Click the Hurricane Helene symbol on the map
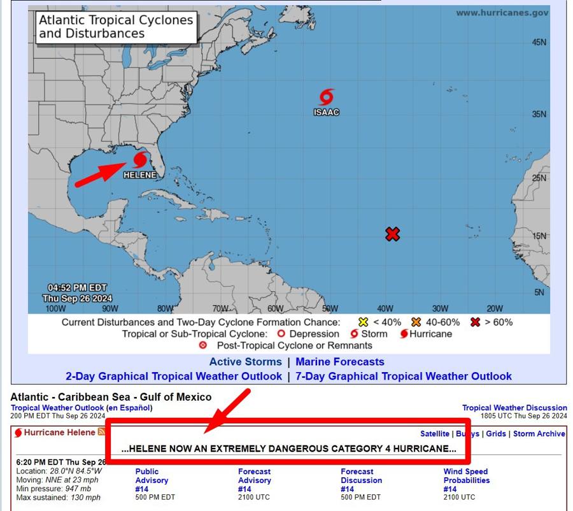point(140,159)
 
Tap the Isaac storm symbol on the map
point(326,97)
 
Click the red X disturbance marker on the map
point(392,234)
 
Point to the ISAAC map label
point(326,112)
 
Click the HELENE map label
point(139,175)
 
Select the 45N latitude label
point(539,42)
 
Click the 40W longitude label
point(385,308)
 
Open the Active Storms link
point(245,362)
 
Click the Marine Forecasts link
point(340,362)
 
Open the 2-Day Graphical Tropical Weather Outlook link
point(174,377)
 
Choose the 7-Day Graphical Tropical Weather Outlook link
point(404,377)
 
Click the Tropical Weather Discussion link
point(514,408)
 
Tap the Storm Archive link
point(539,434)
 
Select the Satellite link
point(435,434)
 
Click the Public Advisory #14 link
point(152,480)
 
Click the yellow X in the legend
point(364,322)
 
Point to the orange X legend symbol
point(416,322)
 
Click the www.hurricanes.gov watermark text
point(502,13)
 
